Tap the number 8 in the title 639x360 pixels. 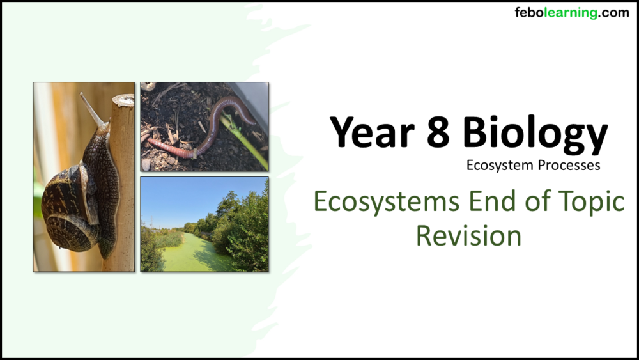click(442, 133)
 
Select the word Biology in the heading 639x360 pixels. click(535, 134)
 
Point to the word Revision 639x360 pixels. click(468, 235)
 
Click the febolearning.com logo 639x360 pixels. click(571, 13)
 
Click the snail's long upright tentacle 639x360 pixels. click(91, 109)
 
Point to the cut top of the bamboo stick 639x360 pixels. click(123, 100)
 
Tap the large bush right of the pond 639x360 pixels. click(246, 230)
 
